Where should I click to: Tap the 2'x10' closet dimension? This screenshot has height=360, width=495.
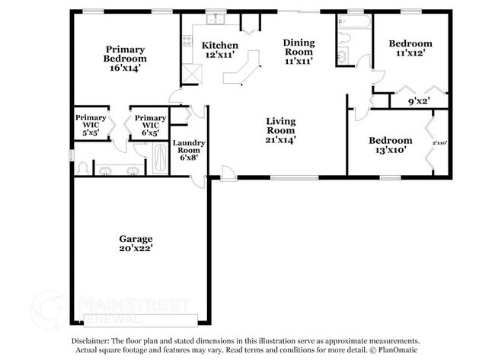coord(439,143)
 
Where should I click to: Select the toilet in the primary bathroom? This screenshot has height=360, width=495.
coord(82,168)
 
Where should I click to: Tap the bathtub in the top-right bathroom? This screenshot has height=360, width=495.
coord(353,22)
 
